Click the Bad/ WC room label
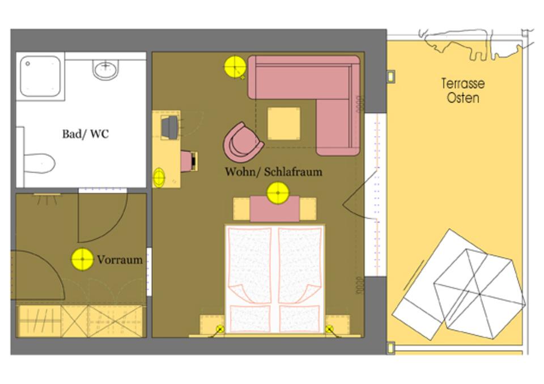coord(86,134)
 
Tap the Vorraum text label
coord(120,260)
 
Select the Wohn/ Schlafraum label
coord(273,171)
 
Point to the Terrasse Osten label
coord(463,91)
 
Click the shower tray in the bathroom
coord(40,77)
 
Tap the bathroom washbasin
coord(105,69)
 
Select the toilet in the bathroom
coord(39,163)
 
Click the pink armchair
coord(243,142)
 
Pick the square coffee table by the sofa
coord(284,124)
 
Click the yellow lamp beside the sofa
coord(235,67)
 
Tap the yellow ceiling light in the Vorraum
coord(83,259)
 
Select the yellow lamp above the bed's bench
coord(278,193)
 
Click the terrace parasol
coord(479,294)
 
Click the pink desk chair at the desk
coord(189,161)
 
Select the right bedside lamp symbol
coord(330,328)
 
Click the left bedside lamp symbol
coord(220,329)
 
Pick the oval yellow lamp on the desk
coord(159,178)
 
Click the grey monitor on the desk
coord(169,128)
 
